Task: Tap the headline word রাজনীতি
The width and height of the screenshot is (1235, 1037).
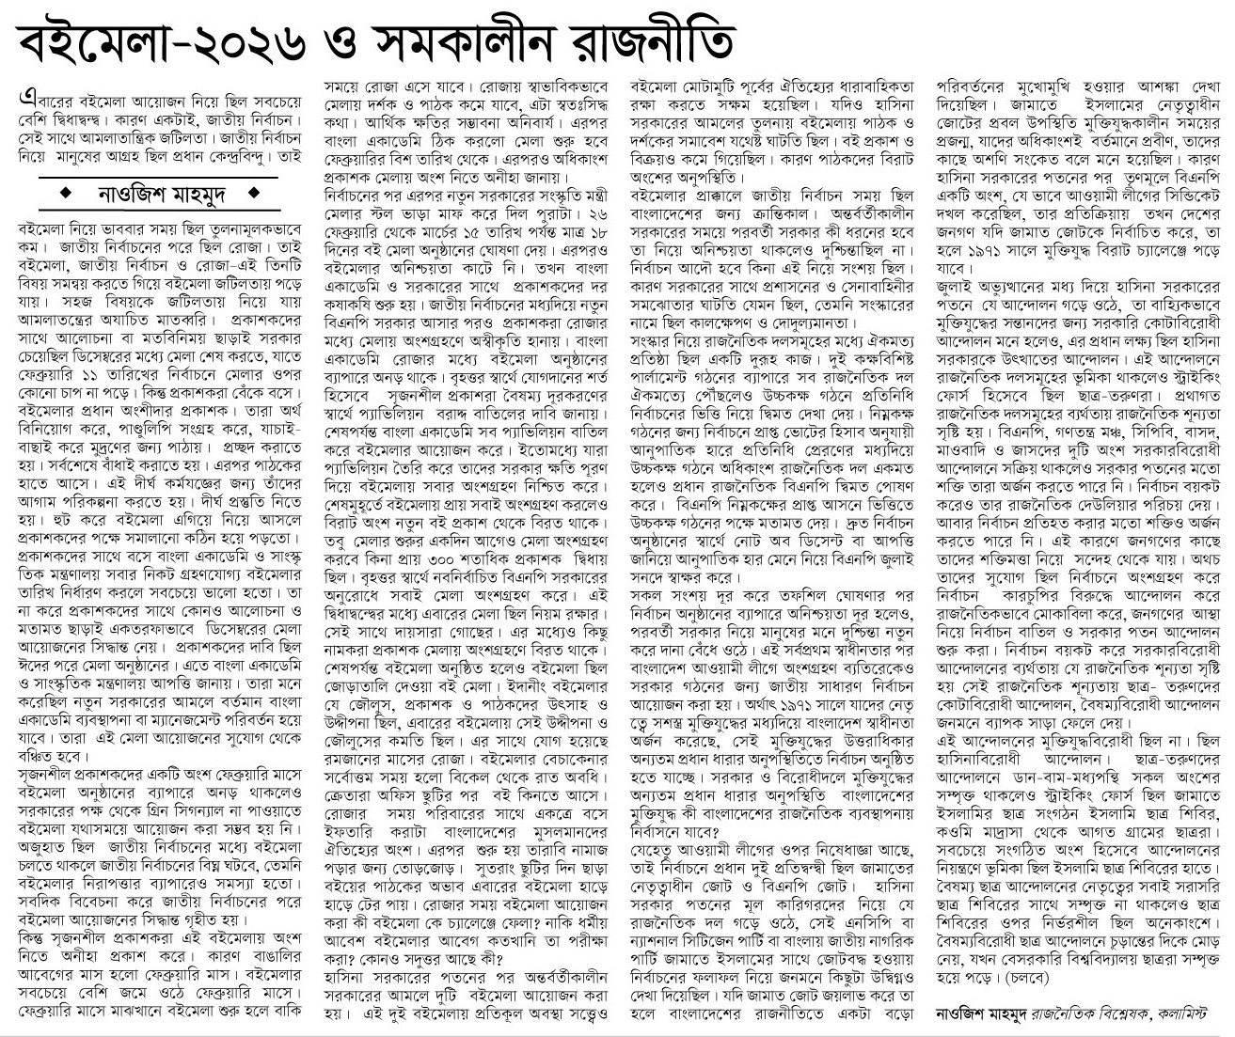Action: (x=657, y=38)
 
